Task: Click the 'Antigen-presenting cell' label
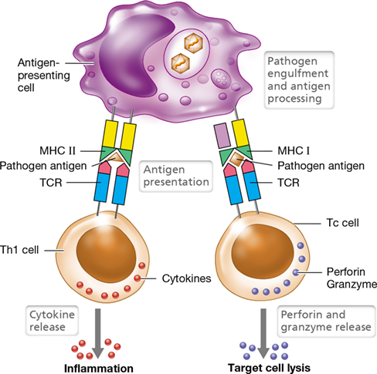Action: pos(44,76)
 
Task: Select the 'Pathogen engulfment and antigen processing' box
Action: pos(299,80)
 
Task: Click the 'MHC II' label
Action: pos(58,150)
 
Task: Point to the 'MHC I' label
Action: pos(294,150)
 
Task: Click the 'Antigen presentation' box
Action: pos(176,176)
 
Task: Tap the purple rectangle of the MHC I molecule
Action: pos(222,136)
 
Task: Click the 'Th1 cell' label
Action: pos(19,250)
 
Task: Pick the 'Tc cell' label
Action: pos(342,223)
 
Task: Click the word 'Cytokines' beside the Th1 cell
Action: pos(186,278)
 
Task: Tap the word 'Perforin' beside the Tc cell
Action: pos(346,271)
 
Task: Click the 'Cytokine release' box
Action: pos(52,321)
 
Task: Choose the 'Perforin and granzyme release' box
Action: pos(326,321)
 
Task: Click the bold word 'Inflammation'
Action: pos(99,369)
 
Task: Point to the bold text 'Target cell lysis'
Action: pos(269,368)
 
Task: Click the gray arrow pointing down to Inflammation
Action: pos(98,333)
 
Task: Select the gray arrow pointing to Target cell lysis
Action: pos(263,333)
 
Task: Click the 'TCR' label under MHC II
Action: pos(51,183)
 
